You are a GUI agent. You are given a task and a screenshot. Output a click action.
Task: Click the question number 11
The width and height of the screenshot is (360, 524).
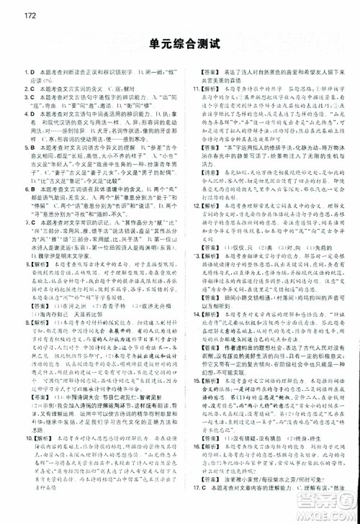(x=197, y=89)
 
